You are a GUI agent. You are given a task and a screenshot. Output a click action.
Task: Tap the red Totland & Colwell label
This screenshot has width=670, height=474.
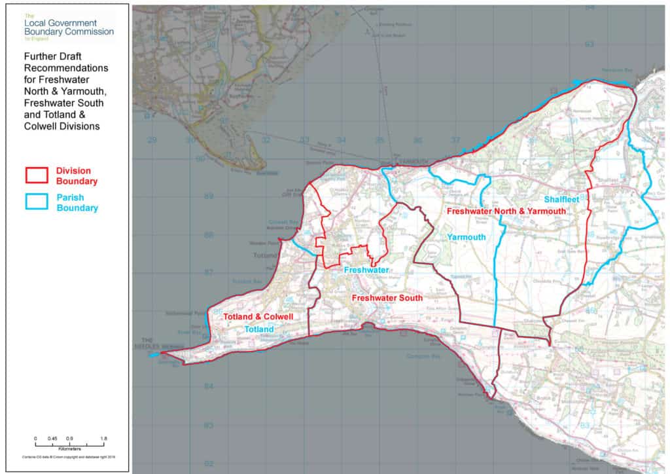coord(257,317)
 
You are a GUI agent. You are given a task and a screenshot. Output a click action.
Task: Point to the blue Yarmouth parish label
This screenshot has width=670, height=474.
coord(467,237)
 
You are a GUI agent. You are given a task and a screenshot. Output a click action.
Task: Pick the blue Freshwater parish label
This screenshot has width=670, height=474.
coord(366,270)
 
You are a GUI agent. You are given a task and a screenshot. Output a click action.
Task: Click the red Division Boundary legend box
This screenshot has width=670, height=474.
coord(37,175)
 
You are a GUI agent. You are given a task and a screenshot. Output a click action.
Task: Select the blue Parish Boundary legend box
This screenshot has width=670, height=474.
coord(37,202)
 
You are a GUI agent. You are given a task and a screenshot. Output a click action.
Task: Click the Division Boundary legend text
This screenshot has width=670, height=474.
coord(77,175)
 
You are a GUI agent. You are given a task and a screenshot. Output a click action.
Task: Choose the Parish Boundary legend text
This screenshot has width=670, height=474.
coord(77,203)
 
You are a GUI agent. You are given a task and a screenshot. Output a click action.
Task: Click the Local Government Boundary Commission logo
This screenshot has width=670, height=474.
coord(68,26)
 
